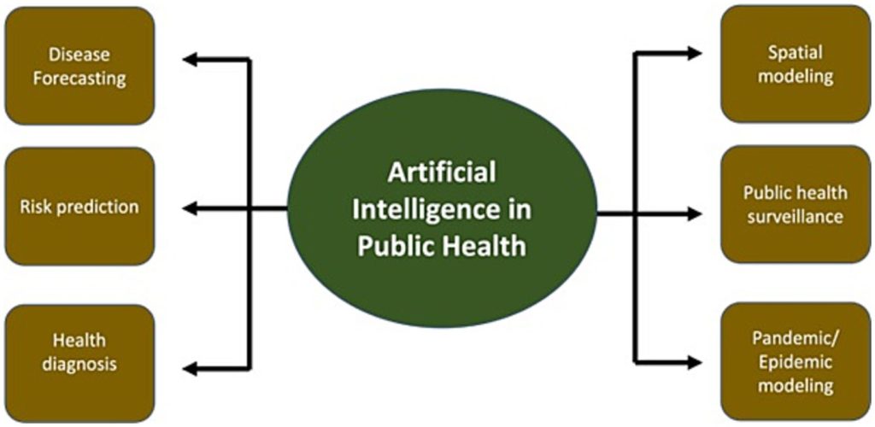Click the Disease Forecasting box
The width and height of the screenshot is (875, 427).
(x=79, y=66)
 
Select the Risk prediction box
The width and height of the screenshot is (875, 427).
(x=79, y=208)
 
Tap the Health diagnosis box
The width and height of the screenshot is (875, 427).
(x=79, y=353)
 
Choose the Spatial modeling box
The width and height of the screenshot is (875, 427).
(x=796, y=64)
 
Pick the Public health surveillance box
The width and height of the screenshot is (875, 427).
(x=796, y=204)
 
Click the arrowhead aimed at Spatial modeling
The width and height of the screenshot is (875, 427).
(x=694, y=53)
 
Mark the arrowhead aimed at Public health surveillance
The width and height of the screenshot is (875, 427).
(x=694, y=213)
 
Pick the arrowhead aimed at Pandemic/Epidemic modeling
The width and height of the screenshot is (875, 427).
(x=694, y=360)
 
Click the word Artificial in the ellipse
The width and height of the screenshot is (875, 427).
(x=441, y=173)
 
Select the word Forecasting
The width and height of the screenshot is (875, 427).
(x=79, y=79)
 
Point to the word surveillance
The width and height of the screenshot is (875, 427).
(x=796, y=217)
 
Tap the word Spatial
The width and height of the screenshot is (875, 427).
(x=796, y=52)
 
